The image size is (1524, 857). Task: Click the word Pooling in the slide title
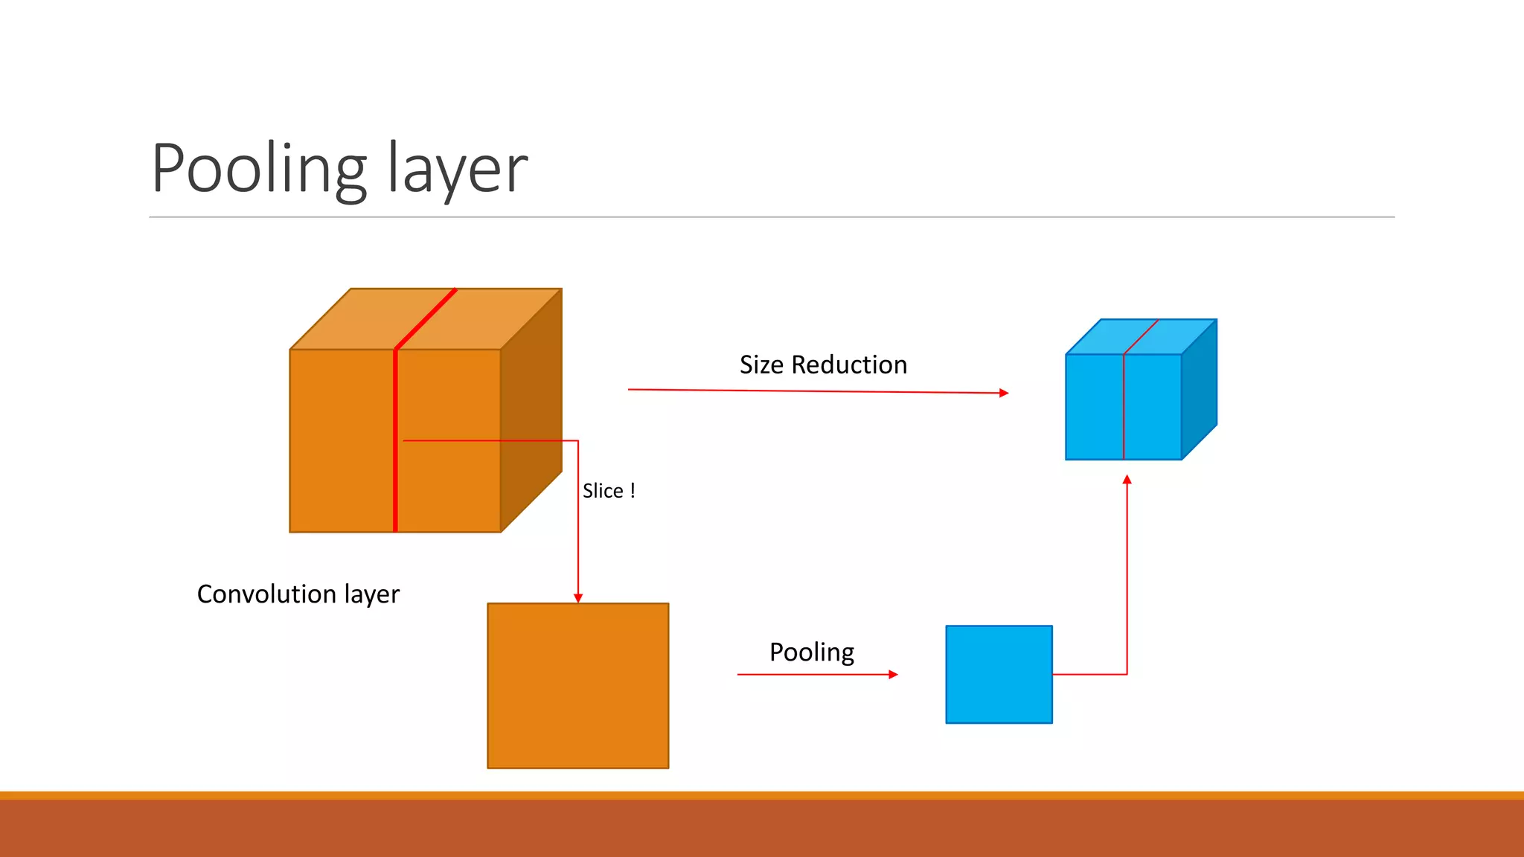pyautogui.click(x=259, y=170)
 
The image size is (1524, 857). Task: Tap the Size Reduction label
pyautogui.click(x=823, y=365)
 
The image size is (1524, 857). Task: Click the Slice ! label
pyautogui.click(x=609, y=491)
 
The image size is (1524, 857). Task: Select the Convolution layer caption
pyautogui.click(x=298, y=594)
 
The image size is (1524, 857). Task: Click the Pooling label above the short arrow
pyautogui.click(x=811, y=652)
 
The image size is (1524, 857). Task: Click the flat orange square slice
pyautogui.click(x=577, y=685)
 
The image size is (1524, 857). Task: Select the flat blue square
pyautogui.click(x=999, y=674)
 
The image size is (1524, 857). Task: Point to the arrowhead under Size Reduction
pyautogui.click(x=1004, y=393)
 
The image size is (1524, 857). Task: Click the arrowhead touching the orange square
pyautogui.click(x=578, y=598)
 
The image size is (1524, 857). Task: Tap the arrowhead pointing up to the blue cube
pyautogui.click(x=1127, y=480)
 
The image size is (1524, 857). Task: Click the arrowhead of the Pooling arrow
pyautogui.click(x=894, y=675)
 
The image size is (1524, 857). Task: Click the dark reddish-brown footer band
pyautogui.click(x=762, y=829)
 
